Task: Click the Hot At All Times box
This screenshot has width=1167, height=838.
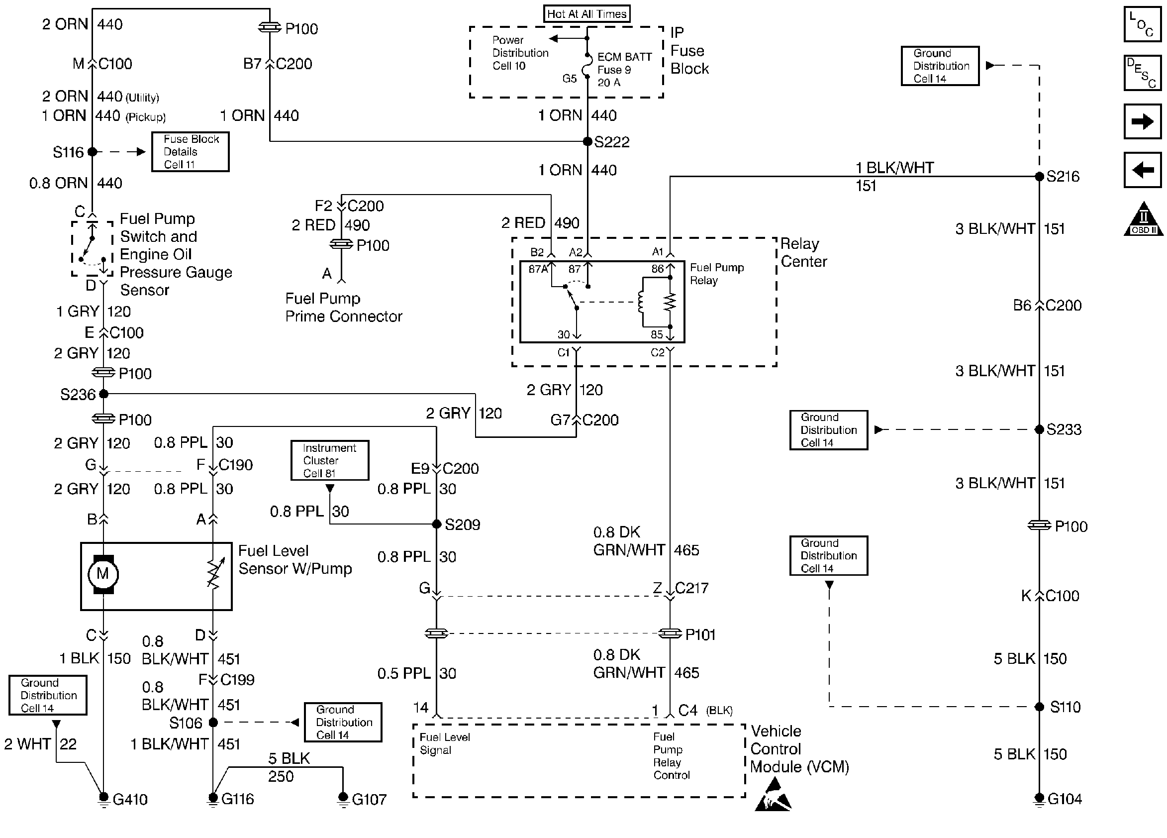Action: [x=586, y=14]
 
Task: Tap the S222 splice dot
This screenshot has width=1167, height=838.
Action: [x=587, y=141]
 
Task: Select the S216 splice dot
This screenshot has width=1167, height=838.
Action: [x=1039, y=177]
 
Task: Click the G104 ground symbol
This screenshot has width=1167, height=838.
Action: [x=1039, y=799]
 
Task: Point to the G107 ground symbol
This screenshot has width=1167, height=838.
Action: [x=343, y=799]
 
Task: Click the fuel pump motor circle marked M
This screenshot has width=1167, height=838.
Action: [x=103, y=574]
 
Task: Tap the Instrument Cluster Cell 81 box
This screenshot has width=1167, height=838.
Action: [x=329, y=460]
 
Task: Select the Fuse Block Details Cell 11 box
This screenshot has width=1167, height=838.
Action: [x=191, y=152]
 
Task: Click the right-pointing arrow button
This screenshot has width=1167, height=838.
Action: [x=1142, y=121]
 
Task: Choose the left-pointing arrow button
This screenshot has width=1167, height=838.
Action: [x=1142, y=169]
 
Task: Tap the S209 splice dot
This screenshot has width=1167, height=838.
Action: [x=436, y=524]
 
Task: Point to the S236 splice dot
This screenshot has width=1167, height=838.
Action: [x=103, y=394]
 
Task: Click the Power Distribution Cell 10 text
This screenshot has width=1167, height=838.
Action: [x=520, y=53]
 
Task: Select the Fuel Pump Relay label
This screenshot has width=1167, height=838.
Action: [x=716, y=274]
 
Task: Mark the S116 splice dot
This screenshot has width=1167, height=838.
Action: [x=92, y=152]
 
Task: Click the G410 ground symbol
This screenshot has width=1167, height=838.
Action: [x=103, y=799]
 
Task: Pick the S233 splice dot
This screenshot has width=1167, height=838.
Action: [x=1039, y=429]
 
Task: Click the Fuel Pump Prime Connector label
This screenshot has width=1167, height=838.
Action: [x=343, y=308]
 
